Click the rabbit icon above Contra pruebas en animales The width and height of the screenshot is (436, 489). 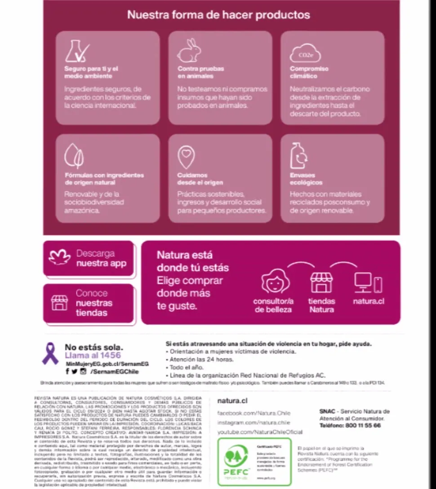coord(189,50)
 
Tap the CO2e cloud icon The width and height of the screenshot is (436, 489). coord(305,53)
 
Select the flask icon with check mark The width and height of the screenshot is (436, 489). coord(76,51)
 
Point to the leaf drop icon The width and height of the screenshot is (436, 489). coord(74,156)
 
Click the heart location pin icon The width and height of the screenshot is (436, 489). coord(186,156)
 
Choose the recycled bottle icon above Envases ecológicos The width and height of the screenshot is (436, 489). coord(298,156)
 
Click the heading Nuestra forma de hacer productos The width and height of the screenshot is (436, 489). coord(218,14)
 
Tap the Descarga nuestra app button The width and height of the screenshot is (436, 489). coord(89,258)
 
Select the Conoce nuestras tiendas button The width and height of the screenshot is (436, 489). coord(89,303)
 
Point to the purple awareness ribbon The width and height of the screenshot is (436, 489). coord(50,353)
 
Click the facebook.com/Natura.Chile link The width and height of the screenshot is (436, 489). coord(254,413)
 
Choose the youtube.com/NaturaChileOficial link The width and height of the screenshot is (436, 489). coord(259,432)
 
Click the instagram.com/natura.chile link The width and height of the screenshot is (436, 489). coord(254,422)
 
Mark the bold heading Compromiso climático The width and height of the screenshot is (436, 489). coord(309,72)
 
